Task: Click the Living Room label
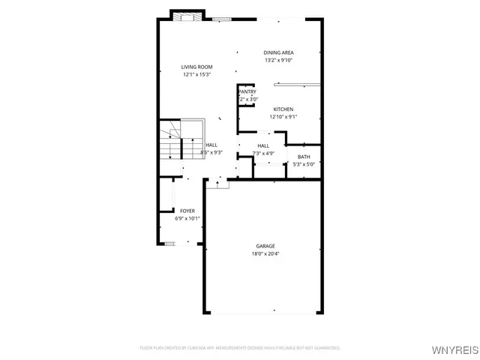196,67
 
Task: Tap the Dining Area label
278,52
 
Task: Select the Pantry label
247,92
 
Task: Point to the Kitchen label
283,109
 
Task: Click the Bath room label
303,157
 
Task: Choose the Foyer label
187,211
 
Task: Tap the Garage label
265,246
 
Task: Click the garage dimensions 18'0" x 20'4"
265,253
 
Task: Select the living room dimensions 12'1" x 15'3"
196,74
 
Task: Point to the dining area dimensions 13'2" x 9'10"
278,60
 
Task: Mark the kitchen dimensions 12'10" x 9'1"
283,116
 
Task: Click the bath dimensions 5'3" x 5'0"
303,163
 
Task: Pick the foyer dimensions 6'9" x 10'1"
187,219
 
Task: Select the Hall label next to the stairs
211,145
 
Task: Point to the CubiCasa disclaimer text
240,348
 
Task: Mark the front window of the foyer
170,243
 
